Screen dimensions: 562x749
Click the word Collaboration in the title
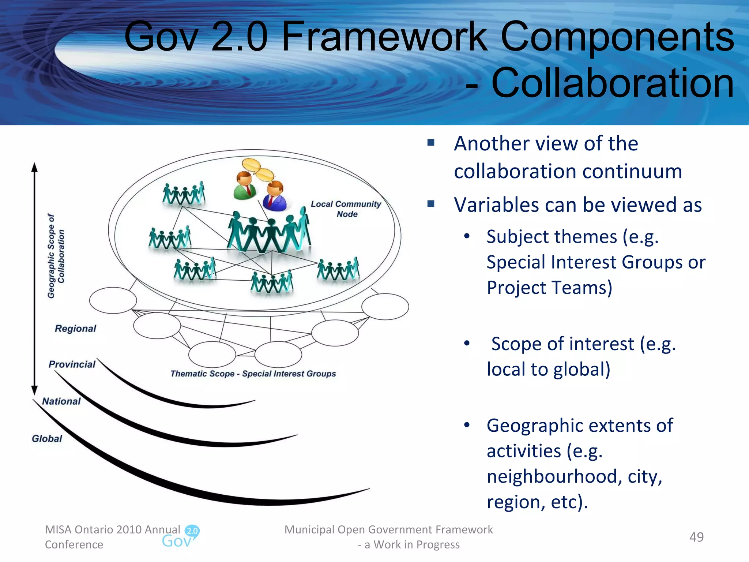[x=612, y=83]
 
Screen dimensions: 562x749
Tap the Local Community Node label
[x=346, y=209]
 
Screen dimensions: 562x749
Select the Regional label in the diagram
[x=75, y=329]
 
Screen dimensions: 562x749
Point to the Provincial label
[x=72, y=364]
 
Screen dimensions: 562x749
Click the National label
[x=61, y=401]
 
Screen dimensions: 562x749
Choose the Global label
[x=47, y=439]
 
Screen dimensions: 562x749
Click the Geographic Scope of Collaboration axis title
[x=56, y=256]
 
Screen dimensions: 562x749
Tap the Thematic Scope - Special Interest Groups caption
[x=253, y=374]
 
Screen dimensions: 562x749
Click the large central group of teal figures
[x=269, y=232]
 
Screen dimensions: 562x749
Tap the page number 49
[x=696, y=537]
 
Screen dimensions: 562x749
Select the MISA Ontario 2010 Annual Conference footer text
[x=112, y=537]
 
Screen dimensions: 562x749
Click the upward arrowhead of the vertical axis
[x=35, y=167]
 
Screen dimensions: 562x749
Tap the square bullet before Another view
[x=431, y=142]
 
